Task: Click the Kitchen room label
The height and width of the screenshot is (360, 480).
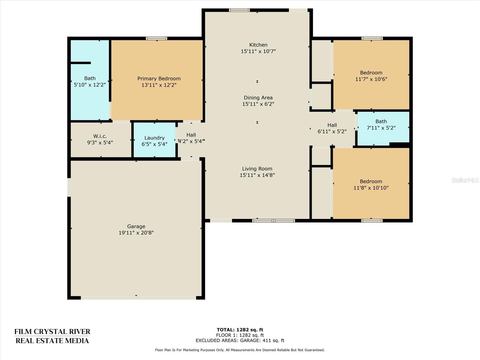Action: click(x=258, y=45)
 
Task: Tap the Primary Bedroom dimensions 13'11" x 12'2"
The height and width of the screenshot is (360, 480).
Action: click(x=159, y=85)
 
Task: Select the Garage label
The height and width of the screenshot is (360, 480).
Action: click(x=136, y=226)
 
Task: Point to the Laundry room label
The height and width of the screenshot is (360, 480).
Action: click(x=154, y=138)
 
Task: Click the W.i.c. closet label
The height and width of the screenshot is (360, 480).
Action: click(x=100, y=136)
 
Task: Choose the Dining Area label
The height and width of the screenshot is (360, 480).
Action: click(x=258, y=98)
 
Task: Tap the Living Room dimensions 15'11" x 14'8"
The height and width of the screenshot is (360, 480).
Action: click(x=257, y=175)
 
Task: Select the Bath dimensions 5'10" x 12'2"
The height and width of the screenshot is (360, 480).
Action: click(x=90, y=85)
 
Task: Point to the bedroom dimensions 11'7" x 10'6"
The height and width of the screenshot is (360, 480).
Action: click(x=371, y=79)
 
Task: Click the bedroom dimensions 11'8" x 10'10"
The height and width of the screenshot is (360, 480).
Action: click(x=371, y=188)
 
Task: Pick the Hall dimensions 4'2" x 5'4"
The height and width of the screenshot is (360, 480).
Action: click(x=191, y=141)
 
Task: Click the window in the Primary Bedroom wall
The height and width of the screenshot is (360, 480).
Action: click(x=157, y=38)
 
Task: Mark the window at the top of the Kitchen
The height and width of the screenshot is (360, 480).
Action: click(x=239, y=10)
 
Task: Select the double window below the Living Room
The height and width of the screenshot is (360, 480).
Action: click(x=273, y=221)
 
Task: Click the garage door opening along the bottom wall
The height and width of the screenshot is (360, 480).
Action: click(x=138, y=298)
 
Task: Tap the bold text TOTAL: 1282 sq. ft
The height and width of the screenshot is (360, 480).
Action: click(x=240, y=330)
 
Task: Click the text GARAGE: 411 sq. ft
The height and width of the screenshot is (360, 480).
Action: click(x=262, y=340)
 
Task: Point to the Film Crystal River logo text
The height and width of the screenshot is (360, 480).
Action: click(x=52, y=336)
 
